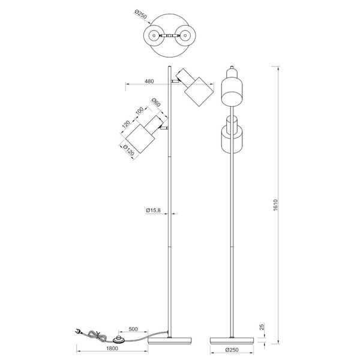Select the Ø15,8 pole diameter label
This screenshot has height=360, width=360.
(152, 210)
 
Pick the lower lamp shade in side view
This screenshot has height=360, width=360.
(231, 137)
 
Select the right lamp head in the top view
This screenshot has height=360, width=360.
(187, 36)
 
